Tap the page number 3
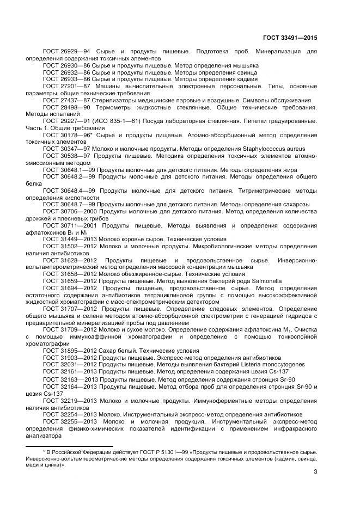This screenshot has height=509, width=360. (x=315, y=471)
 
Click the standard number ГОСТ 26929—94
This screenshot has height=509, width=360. (x=62, y=51)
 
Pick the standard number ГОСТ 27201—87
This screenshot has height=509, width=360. (x=62, y=86)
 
